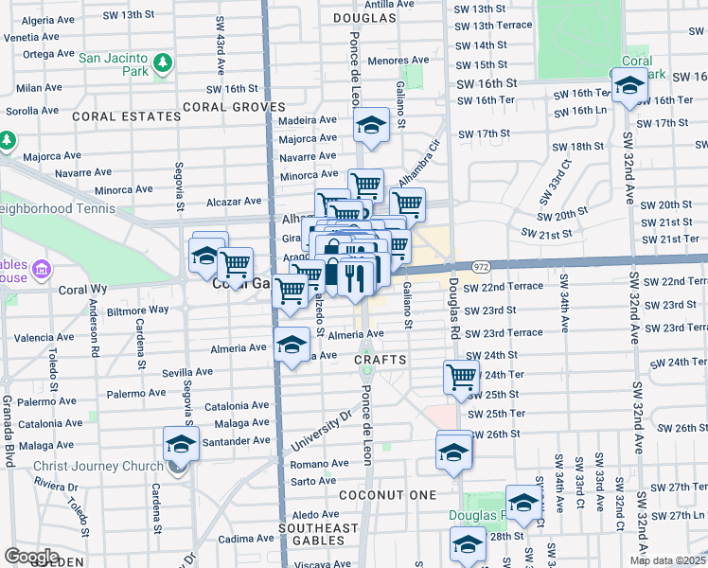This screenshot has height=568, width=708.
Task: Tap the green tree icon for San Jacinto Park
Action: click(x=164, y=62)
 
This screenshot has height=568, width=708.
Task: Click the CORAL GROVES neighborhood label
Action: click(x=234, y=107)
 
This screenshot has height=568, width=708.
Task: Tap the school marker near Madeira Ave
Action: click(x=372, y=125)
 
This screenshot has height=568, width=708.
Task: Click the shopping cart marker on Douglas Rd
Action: click(x=461, y=377)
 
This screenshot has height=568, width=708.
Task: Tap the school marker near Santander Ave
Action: click(x=182, y=443)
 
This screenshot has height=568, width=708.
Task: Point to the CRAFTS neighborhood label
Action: click(x=381, y=360)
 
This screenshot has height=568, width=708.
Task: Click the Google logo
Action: click(x=31, y=557)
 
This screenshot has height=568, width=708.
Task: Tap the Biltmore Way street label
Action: click(x=138, y=310)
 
